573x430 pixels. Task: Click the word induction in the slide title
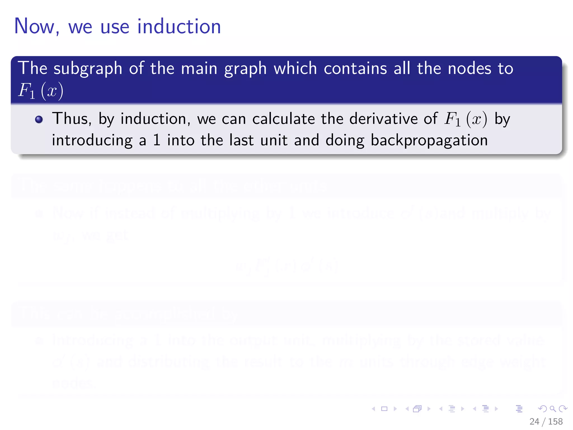(179, 27)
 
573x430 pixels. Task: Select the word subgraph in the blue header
(88, 69)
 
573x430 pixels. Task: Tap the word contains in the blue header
(355, 68)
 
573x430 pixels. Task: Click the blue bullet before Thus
(39, 120)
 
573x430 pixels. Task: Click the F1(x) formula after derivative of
(466, 119)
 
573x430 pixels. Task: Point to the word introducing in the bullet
(92, 140)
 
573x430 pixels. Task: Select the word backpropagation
(429, 141)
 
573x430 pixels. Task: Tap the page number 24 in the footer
(534, 421)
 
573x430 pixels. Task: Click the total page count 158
(555, 421)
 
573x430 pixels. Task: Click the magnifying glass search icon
(553, 409)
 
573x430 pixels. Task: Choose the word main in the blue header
(199, 68)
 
